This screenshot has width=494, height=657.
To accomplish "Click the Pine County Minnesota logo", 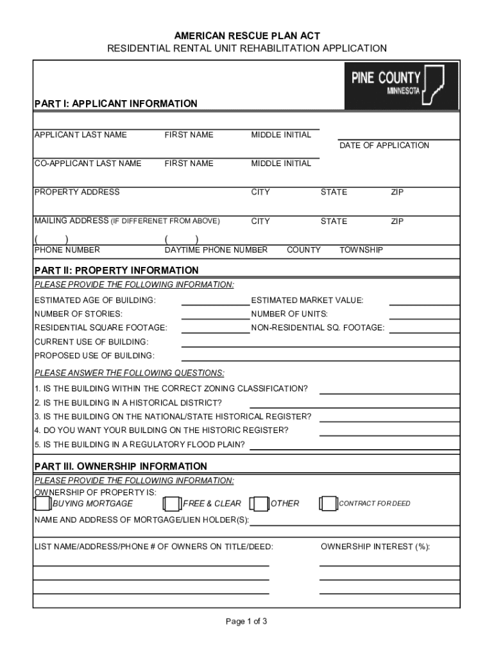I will pyautogui.click(x=402, y=87).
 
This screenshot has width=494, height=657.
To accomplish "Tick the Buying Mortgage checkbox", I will pyautogui.click(x=42, y=504).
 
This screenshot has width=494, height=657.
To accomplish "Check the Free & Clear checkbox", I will pyautogui.click(x=172, y=504).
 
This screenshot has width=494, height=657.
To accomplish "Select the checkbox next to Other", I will pyautogui.click(x=259, y=504).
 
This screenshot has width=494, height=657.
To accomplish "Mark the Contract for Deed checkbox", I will pyautogui.click(x=328, y=504).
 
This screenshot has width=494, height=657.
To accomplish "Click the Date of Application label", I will pyautogui.click(x=384, y=146).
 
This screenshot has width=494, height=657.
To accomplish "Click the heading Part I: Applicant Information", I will pyautogui.click(x=115, y=103).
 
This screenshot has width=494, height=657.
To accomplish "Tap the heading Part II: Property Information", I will pyautogui.click(x=116, y=270).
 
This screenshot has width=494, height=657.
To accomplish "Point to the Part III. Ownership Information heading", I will pyautogui.click(x=121, y=466).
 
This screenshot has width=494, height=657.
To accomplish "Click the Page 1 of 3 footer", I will pyautogui.click(x=246, y=621).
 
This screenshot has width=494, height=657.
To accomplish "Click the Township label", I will pyautogui.click(x=361, y=250).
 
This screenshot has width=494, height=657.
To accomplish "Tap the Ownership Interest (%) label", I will pyautogui.click(x=375, y=547).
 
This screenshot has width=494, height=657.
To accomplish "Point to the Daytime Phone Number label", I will pyautogui.click(x=216, y=250).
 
